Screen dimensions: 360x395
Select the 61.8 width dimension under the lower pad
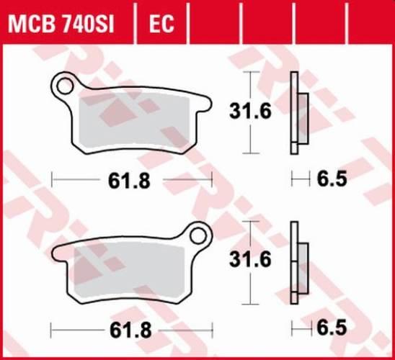pos(132,330)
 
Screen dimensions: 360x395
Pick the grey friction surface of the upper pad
pos(137,119)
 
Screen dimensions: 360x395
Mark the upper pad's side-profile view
pos(296,113)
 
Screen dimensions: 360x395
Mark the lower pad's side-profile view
pos(296,262)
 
